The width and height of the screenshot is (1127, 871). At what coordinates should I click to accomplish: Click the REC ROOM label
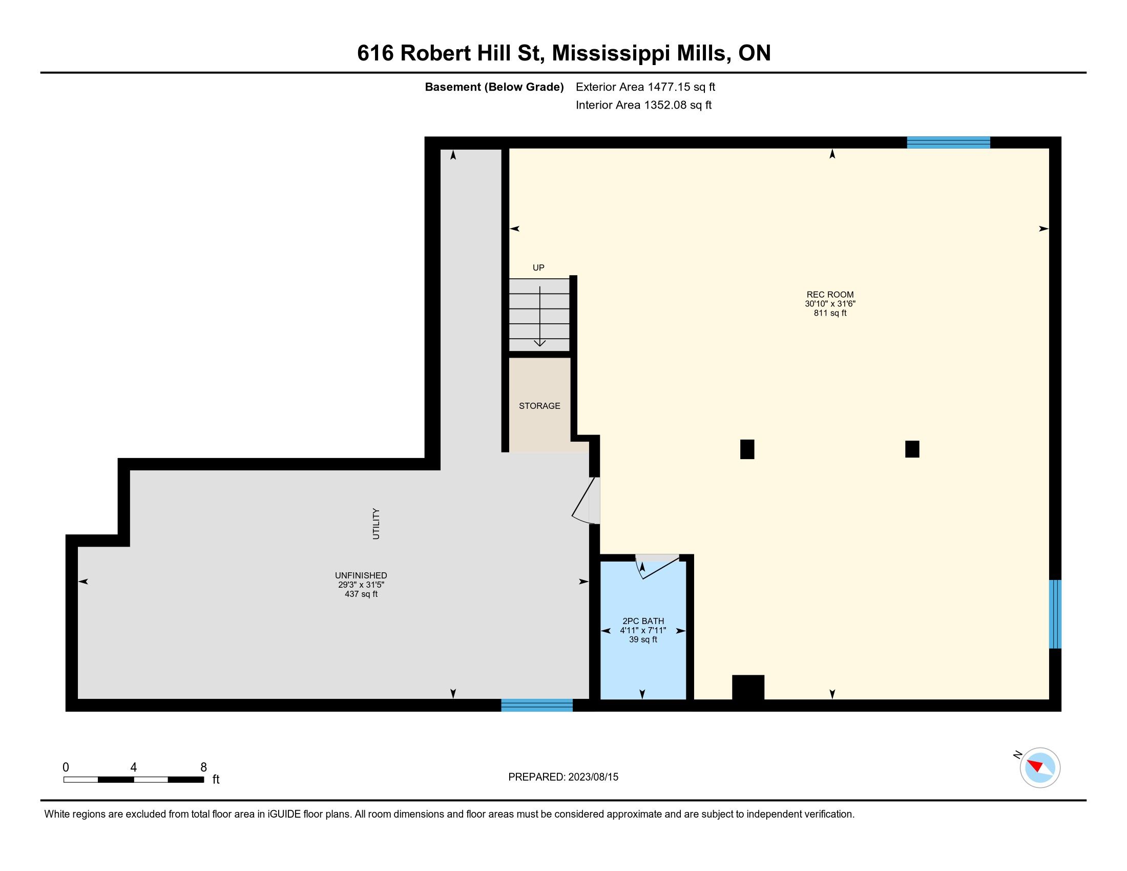pyautogui.click(x=830, y=295)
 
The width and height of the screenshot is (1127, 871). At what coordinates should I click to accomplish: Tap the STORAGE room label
pyautogui.click(x=539, y=406)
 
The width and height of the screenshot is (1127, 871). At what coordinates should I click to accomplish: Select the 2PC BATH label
pyautogui.click(x=643, y=621)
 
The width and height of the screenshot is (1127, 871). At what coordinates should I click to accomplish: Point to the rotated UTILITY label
pyautogui.click(x=376, y=524)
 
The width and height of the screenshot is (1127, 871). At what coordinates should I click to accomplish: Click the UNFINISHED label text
pyautogui.click(x=361, y=575)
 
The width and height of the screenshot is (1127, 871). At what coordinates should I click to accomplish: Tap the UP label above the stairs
pyautogui.click(x=538, y=268)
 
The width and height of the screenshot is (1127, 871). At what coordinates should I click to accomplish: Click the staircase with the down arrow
pyautogui.click(x=539, y=315)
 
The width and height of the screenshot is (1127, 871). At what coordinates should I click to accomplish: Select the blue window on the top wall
pyautogui.click(x=948, y=142)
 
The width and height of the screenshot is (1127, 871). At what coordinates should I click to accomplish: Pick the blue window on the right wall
pyautogui.click(x=1055, y=614)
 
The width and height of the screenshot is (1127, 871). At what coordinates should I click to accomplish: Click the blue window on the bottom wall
pyautogui.click(x=537, y=705)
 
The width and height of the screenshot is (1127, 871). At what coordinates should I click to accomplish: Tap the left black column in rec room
pyautogui.click(x=747, y=449)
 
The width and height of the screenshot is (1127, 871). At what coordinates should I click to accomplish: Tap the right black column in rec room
pyautogui.click(x=912, y=449)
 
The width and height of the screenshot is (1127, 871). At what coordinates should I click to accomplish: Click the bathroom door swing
pyautogui.click(x=657, y=567)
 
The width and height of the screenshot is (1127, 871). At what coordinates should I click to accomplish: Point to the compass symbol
pyautogui.click(x=1039, y=768)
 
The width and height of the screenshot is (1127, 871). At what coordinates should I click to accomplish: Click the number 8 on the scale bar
pyautogui.click(x=203, y=768)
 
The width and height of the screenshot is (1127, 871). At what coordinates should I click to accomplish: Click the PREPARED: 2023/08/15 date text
pyautogui.click(x=563, y=777)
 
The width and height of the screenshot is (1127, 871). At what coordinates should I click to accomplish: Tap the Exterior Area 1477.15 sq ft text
pyautogui.click(x=645, y=87)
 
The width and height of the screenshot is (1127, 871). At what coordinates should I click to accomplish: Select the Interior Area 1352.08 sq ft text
pyautogui.click(x=643, y=105)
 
